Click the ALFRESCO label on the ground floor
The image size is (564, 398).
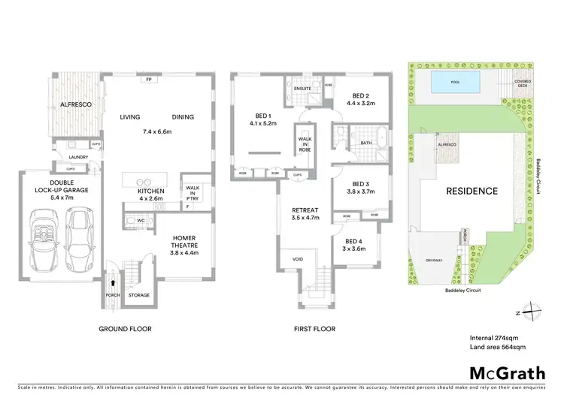click(75, 106)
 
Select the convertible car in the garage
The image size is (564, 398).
click(43, 238)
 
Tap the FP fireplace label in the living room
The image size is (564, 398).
click(149, 79)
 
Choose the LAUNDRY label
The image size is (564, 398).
click(77, 157)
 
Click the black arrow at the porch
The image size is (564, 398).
click(113, 283)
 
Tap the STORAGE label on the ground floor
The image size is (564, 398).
click(139, 295)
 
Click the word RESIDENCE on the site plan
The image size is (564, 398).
click(472, 191)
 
